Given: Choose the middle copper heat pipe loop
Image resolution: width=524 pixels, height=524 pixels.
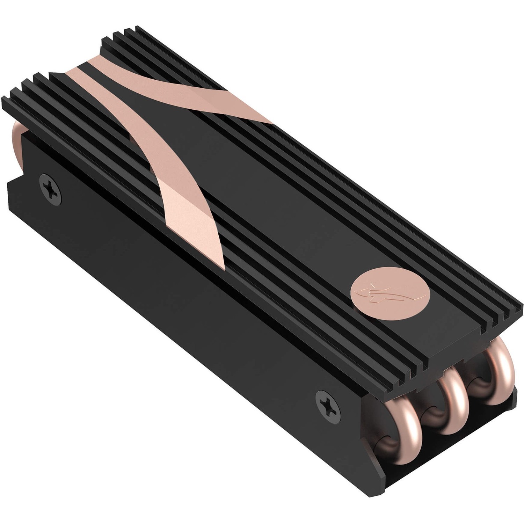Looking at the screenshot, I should tap(454, 398).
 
